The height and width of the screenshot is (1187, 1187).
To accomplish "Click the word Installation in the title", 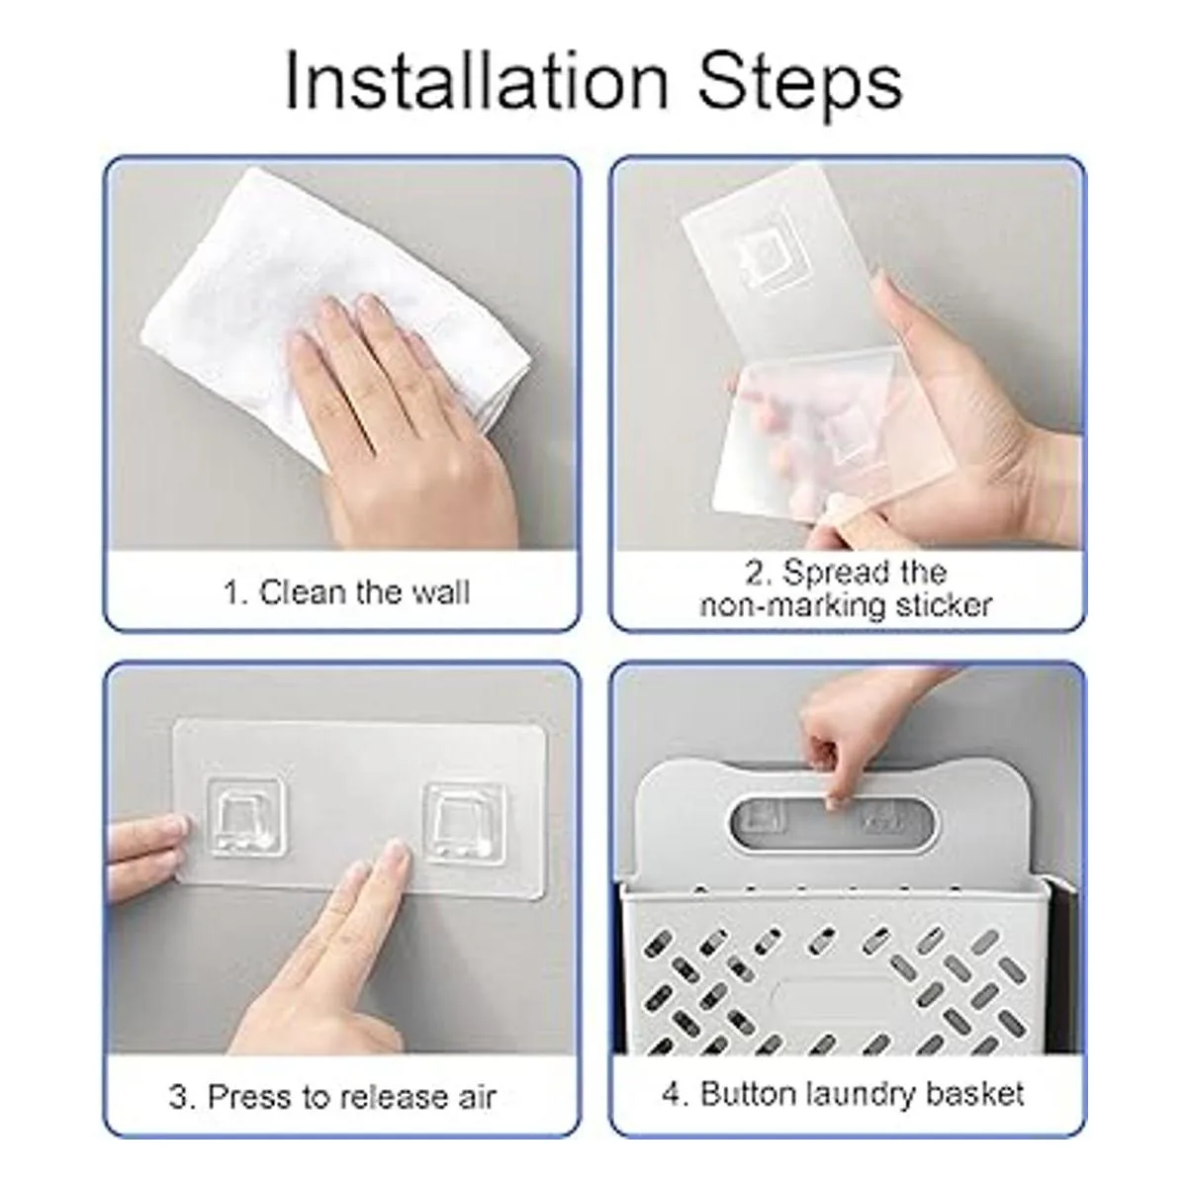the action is pos(476,82).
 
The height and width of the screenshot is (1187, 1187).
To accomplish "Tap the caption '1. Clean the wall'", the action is pos(347,593).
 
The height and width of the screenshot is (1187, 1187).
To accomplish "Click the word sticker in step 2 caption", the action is pos(943,605).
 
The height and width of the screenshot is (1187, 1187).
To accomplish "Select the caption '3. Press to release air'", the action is pos(332,1096).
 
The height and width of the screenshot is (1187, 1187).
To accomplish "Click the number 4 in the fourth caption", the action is pos(672,1095).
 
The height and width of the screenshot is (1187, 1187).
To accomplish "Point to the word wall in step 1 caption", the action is pos(441,593).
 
